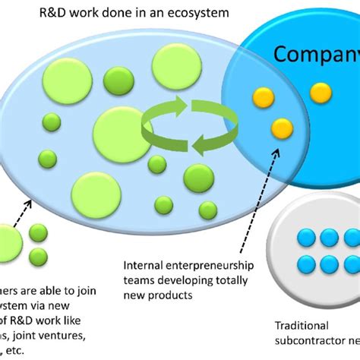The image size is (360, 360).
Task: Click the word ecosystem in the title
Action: (x=200, y=14)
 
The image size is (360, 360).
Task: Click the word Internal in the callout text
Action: (x=144, y=265)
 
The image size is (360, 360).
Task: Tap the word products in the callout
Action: (x=173, y=294)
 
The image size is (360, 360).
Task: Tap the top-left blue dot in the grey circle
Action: (x=308, y=238)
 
